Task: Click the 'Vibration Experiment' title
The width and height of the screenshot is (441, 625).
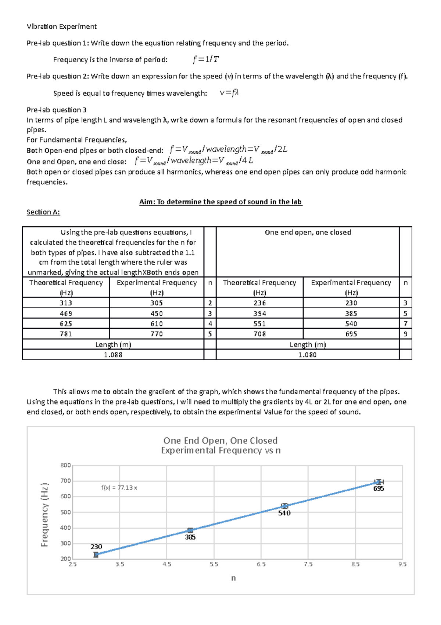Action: pos(62,27)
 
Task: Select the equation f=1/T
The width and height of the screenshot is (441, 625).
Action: pos(206,59)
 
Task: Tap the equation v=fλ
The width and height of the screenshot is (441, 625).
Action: pos(229,93)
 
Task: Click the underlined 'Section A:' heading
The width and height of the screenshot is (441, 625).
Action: pos(43,212)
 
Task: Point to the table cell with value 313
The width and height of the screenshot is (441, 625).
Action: pos(66,303)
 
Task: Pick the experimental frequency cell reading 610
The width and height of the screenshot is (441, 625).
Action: pos(157,324)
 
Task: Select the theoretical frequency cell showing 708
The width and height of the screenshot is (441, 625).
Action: pos(259,334)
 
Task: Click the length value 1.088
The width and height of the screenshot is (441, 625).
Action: pos(113,355)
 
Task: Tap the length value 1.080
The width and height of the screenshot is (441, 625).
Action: pos(307,355)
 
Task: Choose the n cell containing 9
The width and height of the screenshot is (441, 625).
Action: pos(405,334)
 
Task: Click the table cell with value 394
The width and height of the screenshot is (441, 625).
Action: pos(259,314)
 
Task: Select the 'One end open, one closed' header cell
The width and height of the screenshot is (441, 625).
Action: pos(308,232)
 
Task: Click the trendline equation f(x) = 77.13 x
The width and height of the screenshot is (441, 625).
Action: pos(119,488)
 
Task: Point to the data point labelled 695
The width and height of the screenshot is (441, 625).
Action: pos(379,482)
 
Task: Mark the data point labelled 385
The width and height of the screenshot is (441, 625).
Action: pos(190,530)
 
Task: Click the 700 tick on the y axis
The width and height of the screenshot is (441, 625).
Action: pos(65,481)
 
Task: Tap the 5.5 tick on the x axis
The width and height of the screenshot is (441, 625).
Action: pos(214,564)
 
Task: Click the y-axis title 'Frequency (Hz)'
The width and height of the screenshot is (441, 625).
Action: pos(44,515)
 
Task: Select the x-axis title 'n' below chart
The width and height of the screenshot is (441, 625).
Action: pos(233,578)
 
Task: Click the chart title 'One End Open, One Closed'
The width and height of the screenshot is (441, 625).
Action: pos(220,441)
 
